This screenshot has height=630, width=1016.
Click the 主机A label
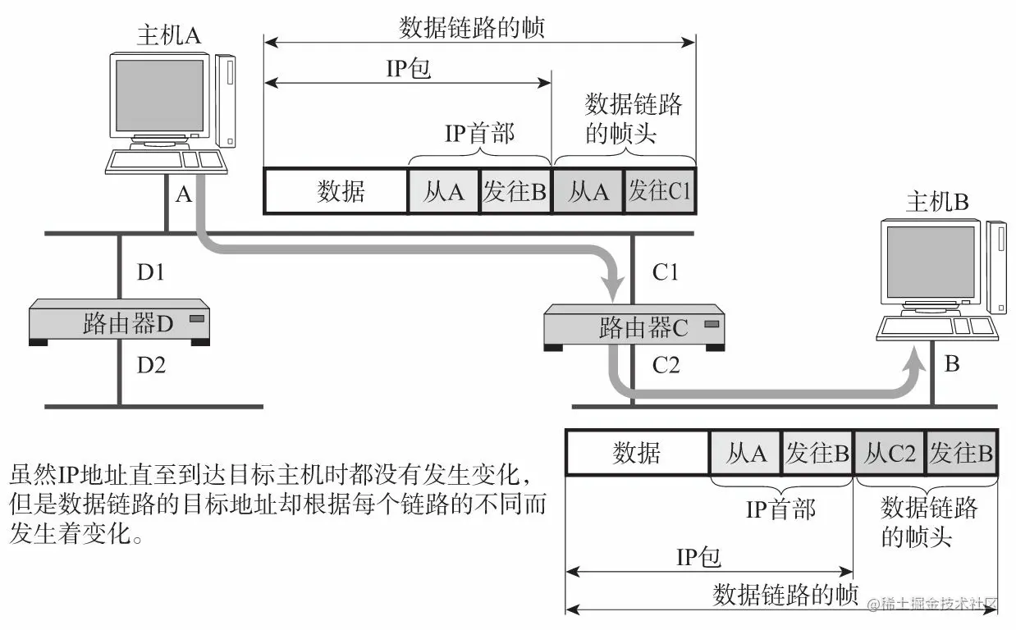169,35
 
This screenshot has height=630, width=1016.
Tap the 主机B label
937,202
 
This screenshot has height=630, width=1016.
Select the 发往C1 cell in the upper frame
660,191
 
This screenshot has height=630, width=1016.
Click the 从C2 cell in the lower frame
890,453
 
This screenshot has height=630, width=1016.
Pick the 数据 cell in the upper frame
336,191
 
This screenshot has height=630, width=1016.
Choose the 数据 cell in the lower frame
638,453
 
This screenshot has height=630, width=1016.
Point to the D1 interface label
150,272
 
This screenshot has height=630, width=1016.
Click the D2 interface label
151,365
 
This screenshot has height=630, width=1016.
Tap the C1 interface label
665,272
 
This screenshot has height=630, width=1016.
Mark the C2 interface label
666,365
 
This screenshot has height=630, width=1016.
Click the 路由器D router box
119,322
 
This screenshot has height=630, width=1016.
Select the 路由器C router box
634,327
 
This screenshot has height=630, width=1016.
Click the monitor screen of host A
160,95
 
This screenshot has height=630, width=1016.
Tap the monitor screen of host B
931,262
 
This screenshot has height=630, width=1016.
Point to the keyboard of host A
166,162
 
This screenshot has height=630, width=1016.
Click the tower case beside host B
996,267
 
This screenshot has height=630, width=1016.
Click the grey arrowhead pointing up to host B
913,361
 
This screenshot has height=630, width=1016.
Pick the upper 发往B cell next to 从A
515,191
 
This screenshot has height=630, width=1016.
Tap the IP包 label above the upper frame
408,69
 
